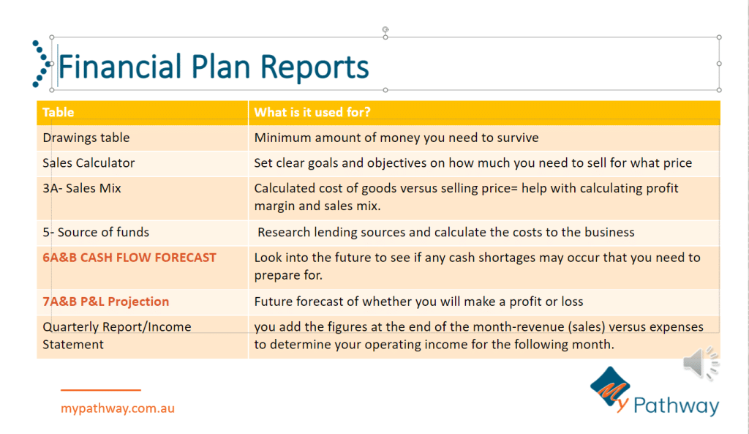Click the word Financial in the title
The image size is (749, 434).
[120, 66]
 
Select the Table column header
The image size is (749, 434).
[59, 112]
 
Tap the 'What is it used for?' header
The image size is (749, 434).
[312, 112]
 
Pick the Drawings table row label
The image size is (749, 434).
[86, 138]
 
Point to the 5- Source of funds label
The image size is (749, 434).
[96, 232]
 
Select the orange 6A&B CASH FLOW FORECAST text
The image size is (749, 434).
[129, 258]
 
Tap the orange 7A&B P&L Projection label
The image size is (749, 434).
[106, 302]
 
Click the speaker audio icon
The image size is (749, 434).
[701, 363]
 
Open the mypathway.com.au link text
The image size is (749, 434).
[118, 408]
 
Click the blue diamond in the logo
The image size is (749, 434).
[610, 386]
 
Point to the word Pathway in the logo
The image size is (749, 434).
[676, 405]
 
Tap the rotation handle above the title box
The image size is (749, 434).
[385, 29]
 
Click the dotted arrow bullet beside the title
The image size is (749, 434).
[41, 64]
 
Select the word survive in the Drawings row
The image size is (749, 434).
[518, 138]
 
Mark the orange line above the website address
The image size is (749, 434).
[101, 390]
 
